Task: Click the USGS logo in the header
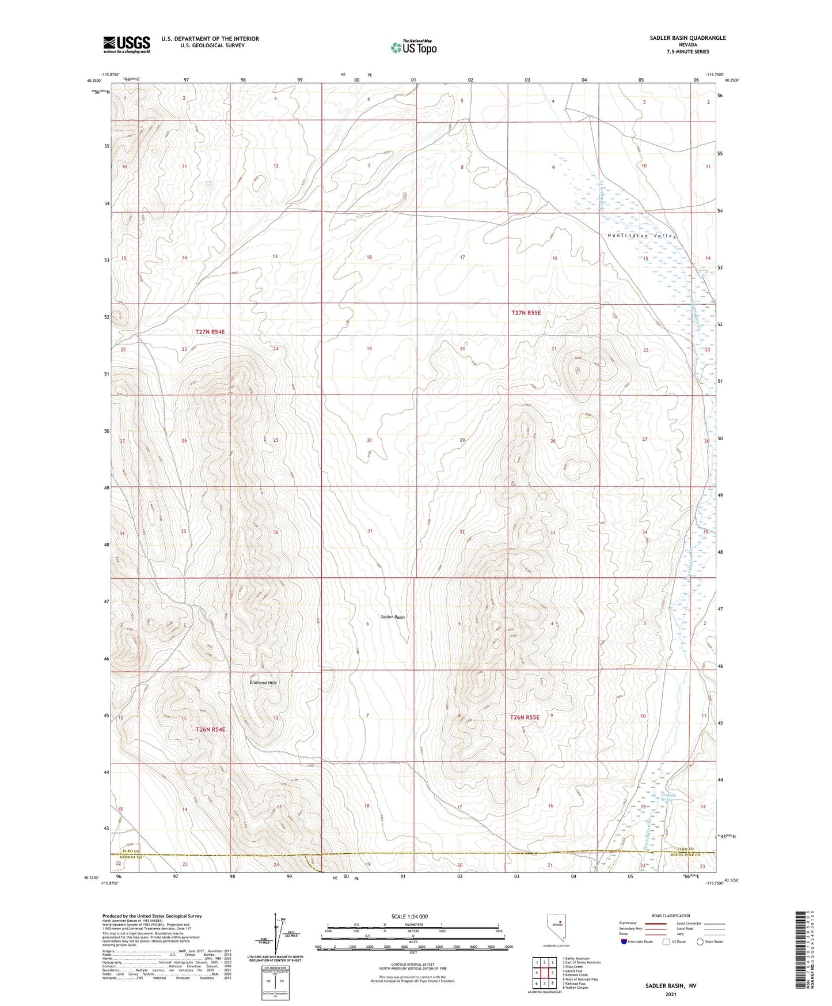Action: (x=127, y=44)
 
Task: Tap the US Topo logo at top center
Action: (x=414, y=47)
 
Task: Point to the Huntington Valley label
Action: (x=642, y=236)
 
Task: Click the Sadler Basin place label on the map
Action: (x=393, y=617)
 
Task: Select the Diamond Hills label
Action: (x=263, y=683)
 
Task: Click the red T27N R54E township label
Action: (x=210, y=332)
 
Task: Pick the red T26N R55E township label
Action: (x=525, y=717)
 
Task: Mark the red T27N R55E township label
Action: (x=526, y=313)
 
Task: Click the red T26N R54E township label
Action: (x=210, y=729)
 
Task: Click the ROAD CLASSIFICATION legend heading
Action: (x=671, y=916)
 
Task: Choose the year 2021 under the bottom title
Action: (x=670, y=994)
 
